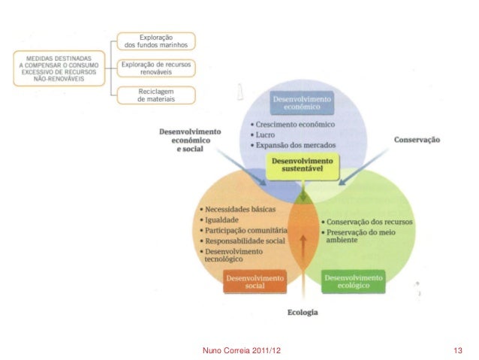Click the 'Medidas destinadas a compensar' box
[x=61, y=67]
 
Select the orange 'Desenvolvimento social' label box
[x=255, y=282]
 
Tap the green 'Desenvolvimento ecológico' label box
[x=353, y=282]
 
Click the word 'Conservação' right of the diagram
[x=416, y=140]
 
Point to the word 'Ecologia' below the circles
[x=302, y=311]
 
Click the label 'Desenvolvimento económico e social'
[x=190, y=141]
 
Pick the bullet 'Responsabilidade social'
[x=243, y=241]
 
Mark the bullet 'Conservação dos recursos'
[x=366, y=222]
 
